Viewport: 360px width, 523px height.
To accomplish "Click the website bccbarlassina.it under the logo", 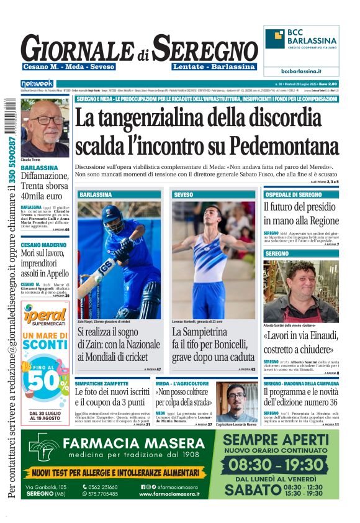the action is (301, 71).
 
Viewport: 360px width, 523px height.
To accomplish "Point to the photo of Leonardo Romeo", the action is (236, 402).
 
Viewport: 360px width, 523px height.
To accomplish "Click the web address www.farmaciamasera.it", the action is (169, 494).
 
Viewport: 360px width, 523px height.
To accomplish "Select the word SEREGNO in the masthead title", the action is (205, 48).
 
